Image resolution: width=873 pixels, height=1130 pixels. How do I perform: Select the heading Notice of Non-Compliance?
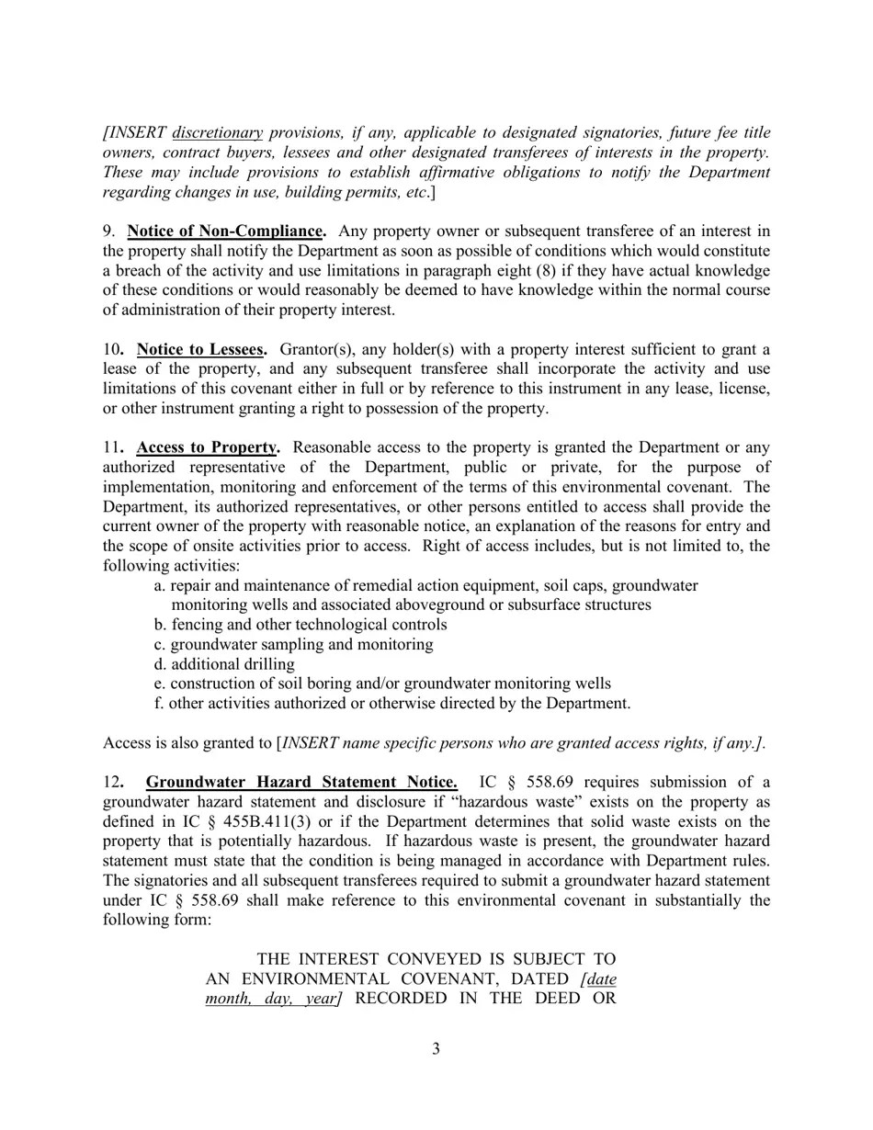pos(225,232)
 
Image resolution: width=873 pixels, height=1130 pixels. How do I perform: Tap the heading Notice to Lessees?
pos(201,350)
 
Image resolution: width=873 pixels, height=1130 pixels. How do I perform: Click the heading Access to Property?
pos(207,447)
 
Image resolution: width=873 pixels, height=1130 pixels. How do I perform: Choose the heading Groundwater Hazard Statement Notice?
pos(301,783)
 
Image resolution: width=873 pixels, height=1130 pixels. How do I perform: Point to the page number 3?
pos(436,1049)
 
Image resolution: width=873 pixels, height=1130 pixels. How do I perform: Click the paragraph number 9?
pos(108,232)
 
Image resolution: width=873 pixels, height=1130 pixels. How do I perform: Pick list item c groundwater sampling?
pos(293,645)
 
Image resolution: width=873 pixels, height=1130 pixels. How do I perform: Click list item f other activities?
pos(392,704)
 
